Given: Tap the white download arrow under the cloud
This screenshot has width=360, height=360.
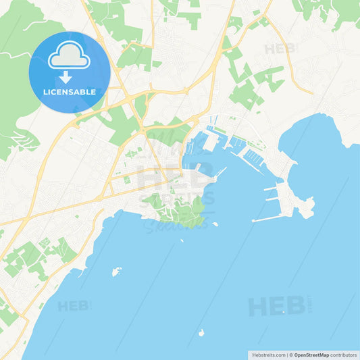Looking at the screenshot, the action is [66, 76].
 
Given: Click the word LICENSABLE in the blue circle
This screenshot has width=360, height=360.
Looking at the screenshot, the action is [70, 91].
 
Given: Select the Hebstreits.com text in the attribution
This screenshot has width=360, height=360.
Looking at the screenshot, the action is [269, 355].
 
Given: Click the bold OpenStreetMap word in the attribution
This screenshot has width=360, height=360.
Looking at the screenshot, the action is [311, 355].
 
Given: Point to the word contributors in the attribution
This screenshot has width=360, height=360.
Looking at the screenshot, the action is [344, 355].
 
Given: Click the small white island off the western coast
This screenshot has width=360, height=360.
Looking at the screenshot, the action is [116, 272].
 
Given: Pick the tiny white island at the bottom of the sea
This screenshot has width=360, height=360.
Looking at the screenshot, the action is [201, 332].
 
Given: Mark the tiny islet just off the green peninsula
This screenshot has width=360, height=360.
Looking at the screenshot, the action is [215, 224].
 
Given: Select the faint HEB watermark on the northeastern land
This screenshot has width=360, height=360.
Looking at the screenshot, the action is [280, 49].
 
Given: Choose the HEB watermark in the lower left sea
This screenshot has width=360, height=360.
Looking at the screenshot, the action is [74, 305].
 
